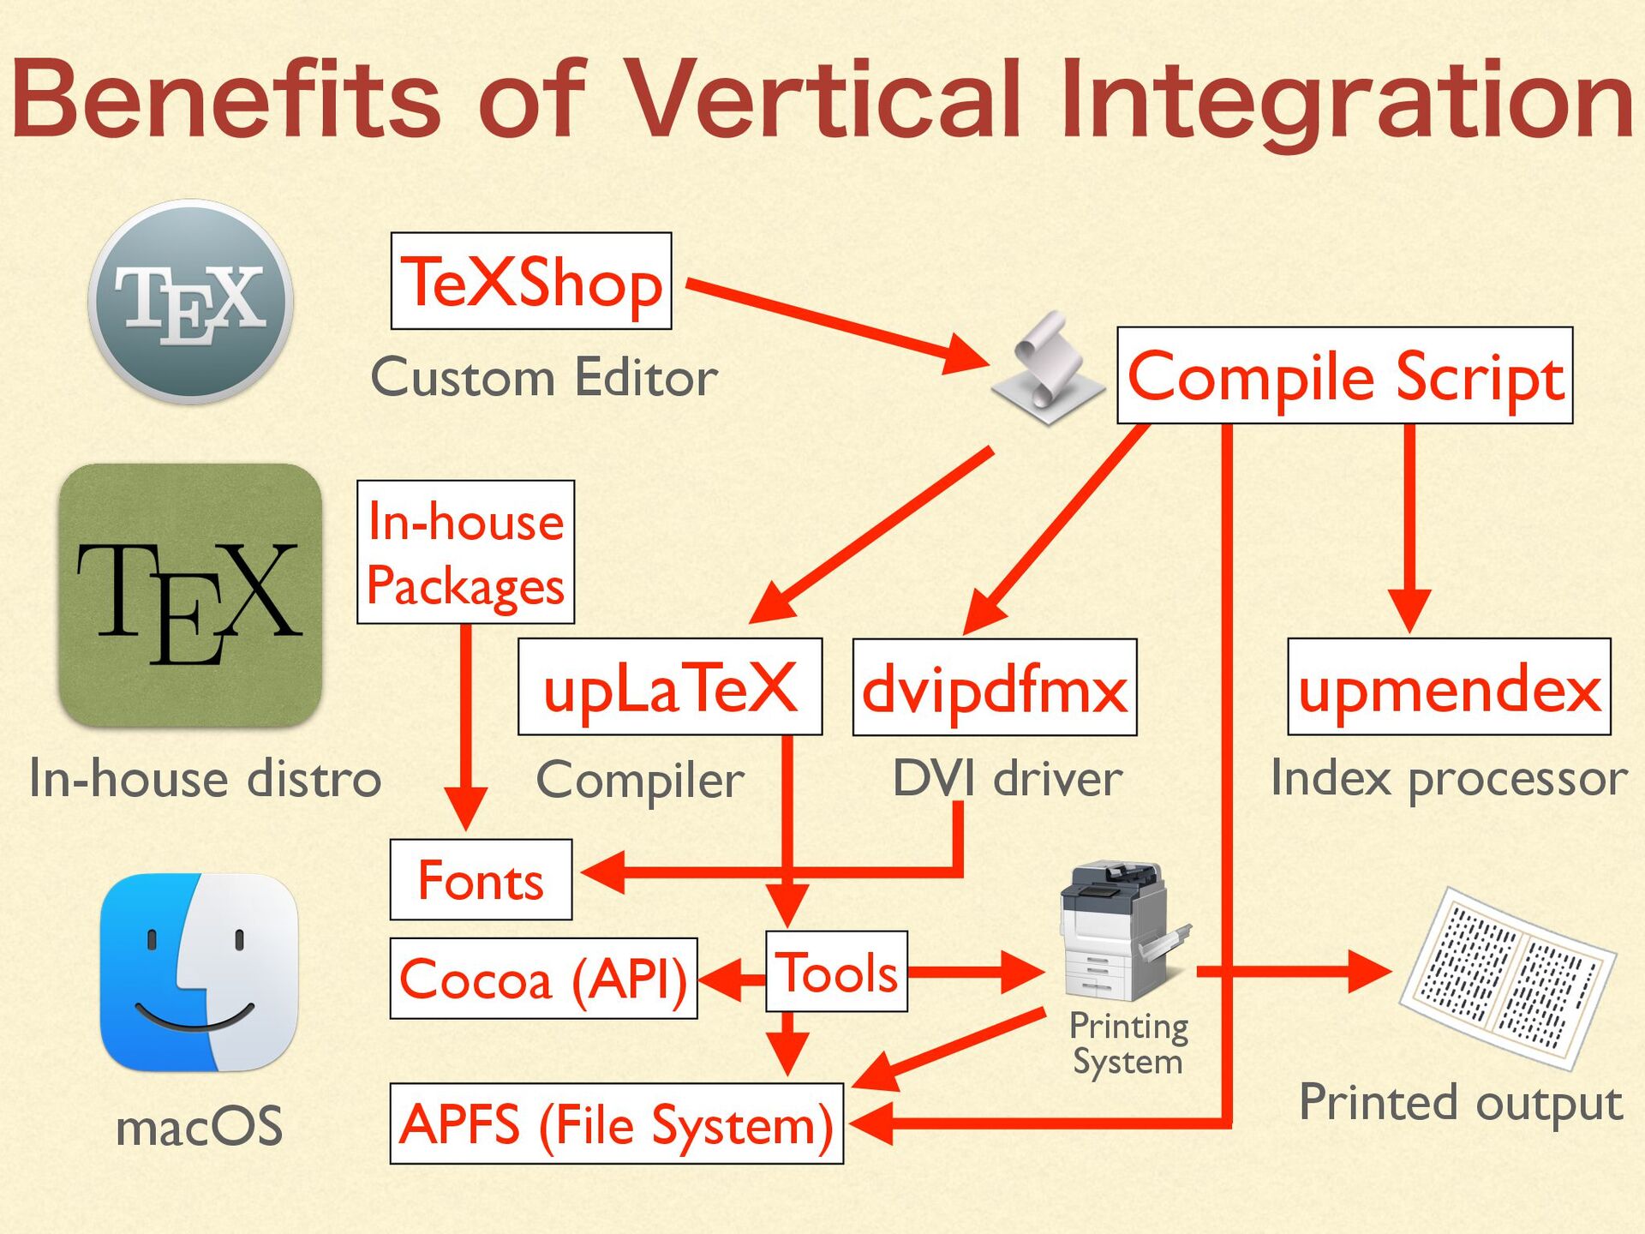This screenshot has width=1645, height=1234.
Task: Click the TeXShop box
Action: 531,281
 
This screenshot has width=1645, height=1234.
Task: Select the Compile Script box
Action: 1344,375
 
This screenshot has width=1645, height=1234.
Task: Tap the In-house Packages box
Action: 465,552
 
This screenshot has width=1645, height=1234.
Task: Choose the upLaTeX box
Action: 670,687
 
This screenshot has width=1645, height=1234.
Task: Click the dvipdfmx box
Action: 995,687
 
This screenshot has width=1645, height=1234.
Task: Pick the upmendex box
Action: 1449,687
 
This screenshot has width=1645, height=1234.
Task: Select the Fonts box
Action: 481,880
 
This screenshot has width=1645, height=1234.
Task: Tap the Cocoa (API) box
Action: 543,979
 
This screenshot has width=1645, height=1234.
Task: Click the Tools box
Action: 836,972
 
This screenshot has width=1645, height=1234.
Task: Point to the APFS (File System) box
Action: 616,1123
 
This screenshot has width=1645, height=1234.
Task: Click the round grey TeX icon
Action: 190,302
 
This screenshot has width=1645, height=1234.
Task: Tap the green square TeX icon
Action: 190,596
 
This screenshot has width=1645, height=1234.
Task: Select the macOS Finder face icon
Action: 199,973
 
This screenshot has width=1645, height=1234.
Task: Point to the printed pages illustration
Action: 1507,978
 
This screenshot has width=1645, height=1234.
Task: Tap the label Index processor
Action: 1449,778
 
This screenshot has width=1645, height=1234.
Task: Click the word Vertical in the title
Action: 822,99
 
